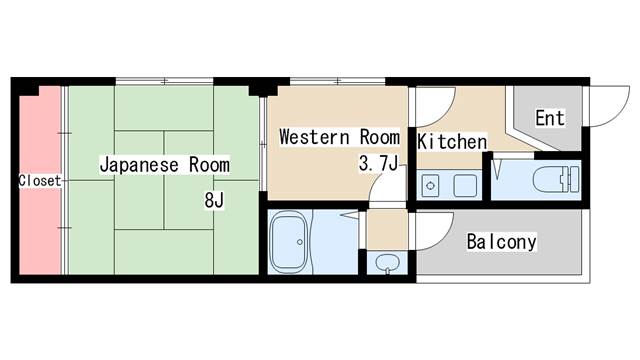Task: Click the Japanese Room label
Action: point(165,165)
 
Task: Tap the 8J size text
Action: point(214,200)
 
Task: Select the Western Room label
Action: point(340,137)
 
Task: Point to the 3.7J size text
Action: point(378,164)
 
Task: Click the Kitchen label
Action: point(452,142)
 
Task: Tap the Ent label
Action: point(550,118)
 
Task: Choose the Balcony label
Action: point(502,242)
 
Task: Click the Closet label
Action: point(40,180)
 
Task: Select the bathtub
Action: point(289,242)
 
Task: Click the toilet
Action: point(556,179)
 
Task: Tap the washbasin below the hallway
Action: point(387,263)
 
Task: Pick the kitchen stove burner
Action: point(430,186)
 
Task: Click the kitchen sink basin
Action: point(465,186)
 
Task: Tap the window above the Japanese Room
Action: point(164,81)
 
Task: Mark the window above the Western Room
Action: point(338,81)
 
